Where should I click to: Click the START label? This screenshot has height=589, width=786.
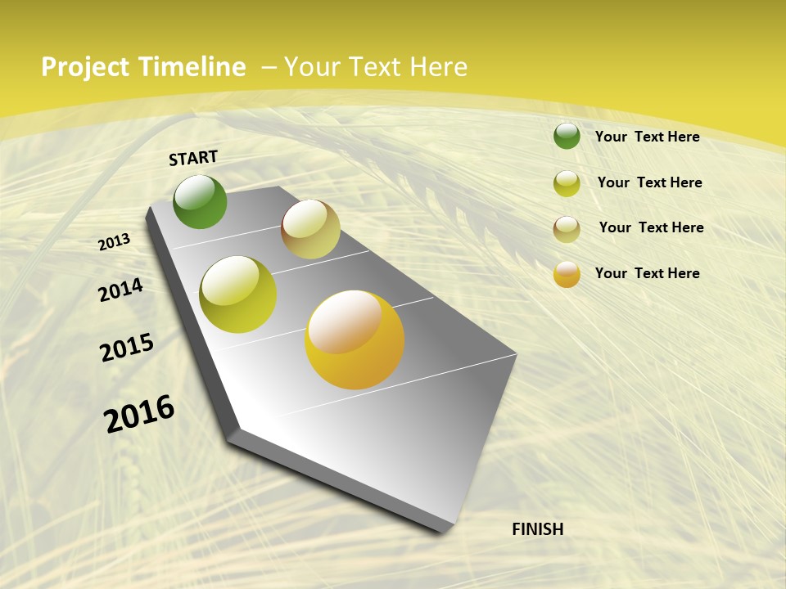coord(193,158)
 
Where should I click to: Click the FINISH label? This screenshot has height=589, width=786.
coord(537,529)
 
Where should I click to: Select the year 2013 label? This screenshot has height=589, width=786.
coord(115,242)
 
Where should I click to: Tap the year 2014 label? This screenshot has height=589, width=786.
coord(121,290)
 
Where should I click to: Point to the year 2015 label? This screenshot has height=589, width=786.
coord(127,348)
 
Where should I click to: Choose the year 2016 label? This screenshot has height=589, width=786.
coord(139,414)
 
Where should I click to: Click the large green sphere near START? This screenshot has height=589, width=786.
coord(200,202)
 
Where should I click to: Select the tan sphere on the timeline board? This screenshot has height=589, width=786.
coord(310,229)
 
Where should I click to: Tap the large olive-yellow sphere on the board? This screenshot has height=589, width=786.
coord(238,294)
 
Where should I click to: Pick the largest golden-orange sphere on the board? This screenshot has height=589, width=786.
coord(355,339)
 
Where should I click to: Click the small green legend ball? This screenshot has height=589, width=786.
coord(567,136)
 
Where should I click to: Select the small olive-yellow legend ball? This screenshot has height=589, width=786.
coord(567,183)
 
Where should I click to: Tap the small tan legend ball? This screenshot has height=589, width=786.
coord(567,229)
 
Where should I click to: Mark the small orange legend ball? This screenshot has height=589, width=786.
coord(567,274)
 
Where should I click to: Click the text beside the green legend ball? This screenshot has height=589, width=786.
coord(647,137)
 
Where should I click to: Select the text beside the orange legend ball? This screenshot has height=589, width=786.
coord(647,273)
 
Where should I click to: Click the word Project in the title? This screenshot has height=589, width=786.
coord(86,67)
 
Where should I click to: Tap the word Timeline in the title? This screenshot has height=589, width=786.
coord(192,67)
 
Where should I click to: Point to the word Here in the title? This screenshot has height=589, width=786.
coord(439,67)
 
